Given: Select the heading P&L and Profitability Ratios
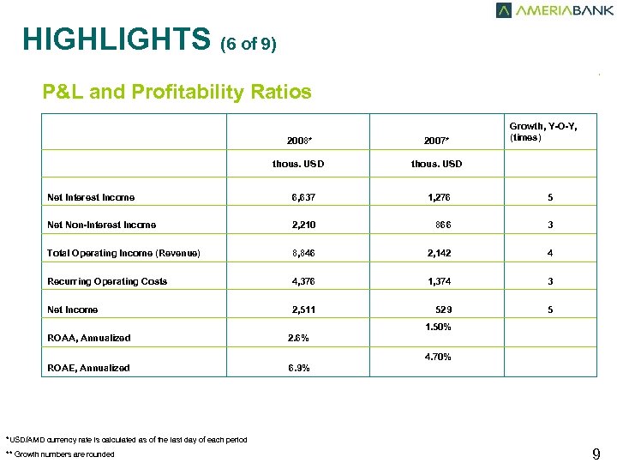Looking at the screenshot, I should [x=177, y=92].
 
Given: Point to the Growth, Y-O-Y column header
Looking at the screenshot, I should [x=542, y=132].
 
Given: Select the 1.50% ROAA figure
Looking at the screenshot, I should [x=438, y=328].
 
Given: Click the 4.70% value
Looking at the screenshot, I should [x=438, y=357].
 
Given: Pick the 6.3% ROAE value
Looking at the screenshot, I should [x=297, y=368].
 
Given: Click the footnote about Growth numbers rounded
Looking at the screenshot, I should [x=59, y=454].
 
